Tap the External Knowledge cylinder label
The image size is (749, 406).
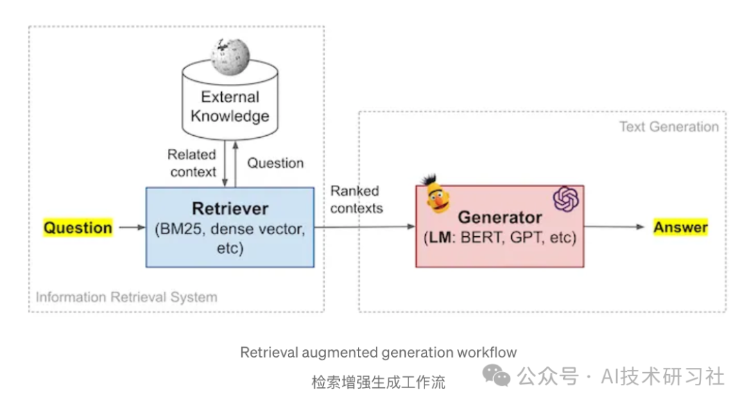tap(230, 106)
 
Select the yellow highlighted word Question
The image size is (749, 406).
tap(78, 227)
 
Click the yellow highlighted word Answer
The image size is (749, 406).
tap(680, 227)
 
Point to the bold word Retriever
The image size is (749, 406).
tap(230, 209)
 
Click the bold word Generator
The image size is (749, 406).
tap(499, 218)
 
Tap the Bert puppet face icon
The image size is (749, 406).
tap(435, 195)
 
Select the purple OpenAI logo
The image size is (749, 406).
tap(565, 200)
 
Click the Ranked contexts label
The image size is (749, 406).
tap(355, 199)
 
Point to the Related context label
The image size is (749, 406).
tap(191, 163)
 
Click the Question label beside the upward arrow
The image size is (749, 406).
tap(275, 163)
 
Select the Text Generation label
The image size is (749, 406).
tap(669, 127)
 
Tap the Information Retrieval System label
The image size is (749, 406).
tap(126, 297)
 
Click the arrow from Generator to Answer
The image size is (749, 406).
tap(614, 227)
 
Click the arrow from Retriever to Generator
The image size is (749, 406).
tap(364, 227)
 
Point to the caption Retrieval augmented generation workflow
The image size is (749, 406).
tap(378, 353)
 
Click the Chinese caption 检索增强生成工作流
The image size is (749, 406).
tap(378, 382)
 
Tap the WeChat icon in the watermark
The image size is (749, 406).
tap(497, 376)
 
